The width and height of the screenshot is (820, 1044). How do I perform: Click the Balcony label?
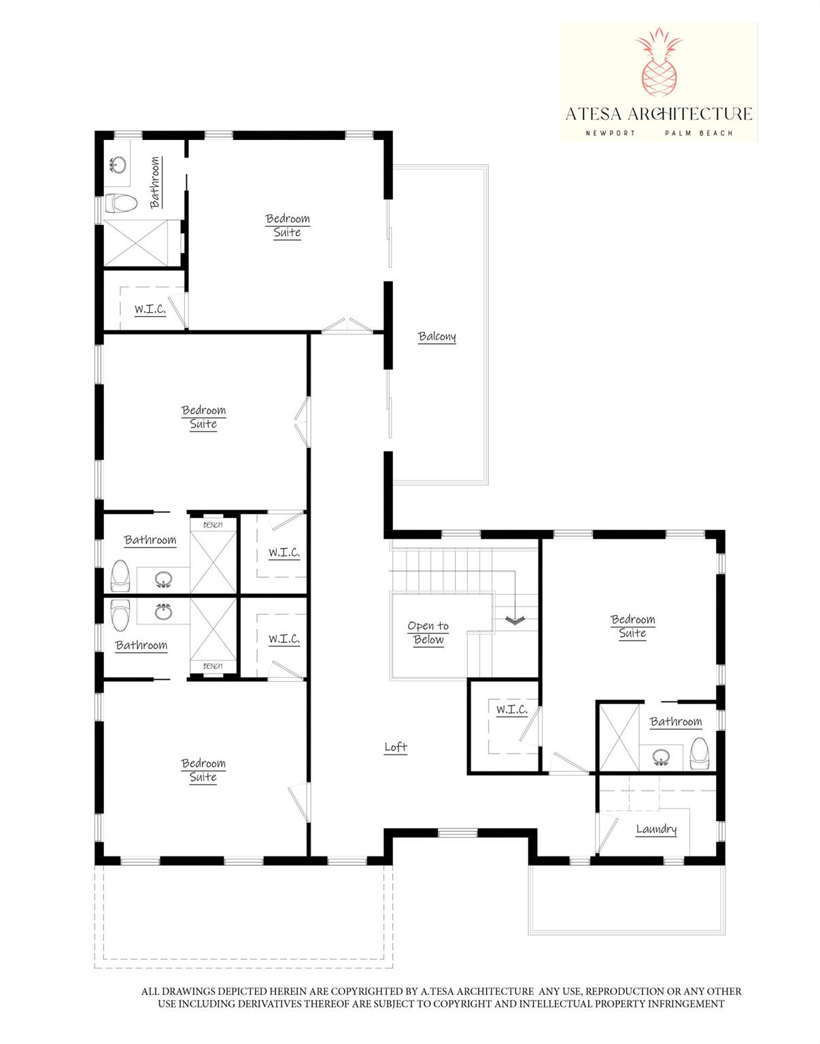coord(437,336)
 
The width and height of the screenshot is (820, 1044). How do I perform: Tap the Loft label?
coord(396,747)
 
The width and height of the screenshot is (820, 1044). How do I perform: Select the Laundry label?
coord(656,829)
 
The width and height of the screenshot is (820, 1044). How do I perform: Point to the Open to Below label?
coord(428,633)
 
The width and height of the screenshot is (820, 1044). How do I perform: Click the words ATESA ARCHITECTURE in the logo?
coord(659,114)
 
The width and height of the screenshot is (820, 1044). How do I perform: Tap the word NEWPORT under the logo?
coord(610,133)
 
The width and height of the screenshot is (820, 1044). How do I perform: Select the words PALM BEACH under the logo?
coord(699,133)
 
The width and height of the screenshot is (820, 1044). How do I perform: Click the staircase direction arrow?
coord(515,619)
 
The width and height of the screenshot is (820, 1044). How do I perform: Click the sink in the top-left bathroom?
coord(118,165)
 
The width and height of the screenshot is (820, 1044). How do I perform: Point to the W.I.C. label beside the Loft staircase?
coord(511,710)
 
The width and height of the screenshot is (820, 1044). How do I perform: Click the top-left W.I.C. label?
coord(150,309)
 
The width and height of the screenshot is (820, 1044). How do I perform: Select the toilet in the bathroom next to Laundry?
coord(700,753)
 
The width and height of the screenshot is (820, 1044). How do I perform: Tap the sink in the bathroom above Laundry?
coord(660,756)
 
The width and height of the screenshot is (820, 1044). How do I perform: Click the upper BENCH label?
coord(213,525)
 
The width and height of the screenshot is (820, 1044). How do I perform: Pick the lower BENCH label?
coord(213,666)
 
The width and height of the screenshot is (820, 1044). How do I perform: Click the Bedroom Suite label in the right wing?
coord(632,626)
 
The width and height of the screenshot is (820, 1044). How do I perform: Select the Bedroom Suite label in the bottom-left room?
coord(203,770)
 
